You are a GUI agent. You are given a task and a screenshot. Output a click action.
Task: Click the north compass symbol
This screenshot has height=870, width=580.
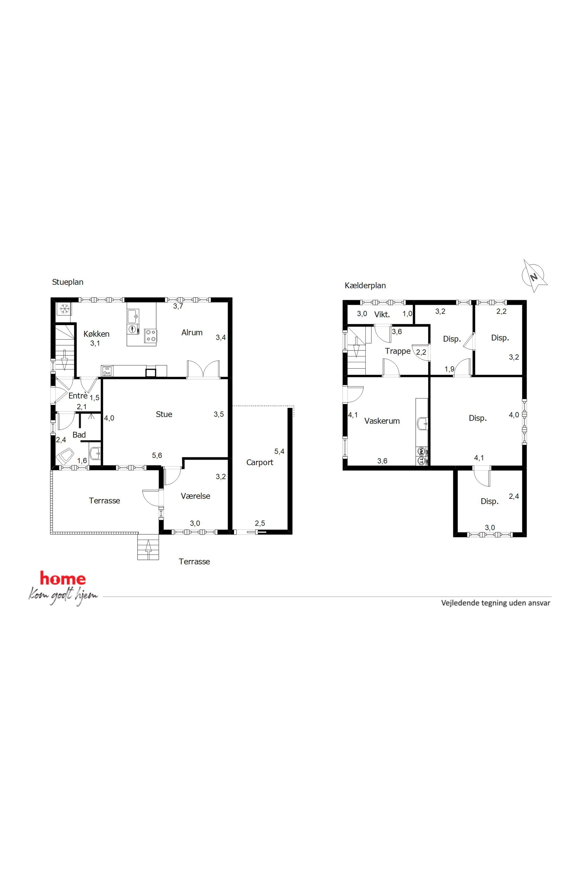534,276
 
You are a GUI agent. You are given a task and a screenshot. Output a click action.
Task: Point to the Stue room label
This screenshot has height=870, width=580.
164,414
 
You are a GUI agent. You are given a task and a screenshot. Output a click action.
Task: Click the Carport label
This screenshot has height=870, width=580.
260,462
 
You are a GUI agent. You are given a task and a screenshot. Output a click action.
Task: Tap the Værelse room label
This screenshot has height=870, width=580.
195,496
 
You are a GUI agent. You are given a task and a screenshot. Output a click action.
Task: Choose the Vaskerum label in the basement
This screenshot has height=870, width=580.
382,421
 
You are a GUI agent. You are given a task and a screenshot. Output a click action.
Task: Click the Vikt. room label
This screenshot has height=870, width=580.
382,315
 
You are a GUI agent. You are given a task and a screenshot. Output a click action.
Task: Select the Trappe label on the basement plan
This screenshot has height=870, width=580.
398,351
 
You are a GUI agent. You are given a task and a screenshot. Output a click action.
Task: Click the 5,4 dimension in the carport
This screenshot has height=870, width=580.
279,451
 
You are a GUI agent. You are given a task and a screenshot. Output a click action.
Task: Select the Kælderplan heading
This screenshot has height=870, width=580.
365,286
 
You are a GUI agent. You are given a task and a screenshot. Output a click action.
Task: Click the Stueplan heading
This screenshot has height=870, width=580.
68,282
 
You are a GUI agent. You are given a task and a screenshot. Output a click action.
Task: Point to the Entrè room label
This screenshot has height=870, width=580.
78,396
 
